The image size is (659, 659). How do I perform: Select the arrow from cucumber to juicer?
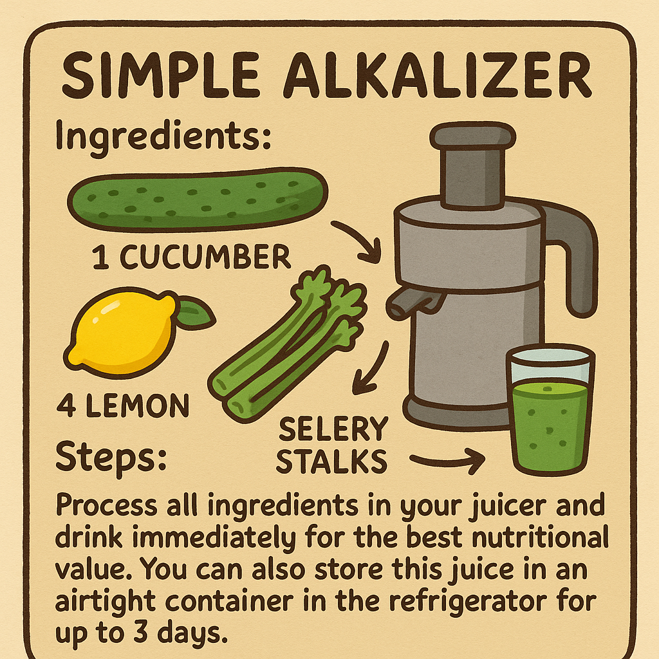coord(357,241)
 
